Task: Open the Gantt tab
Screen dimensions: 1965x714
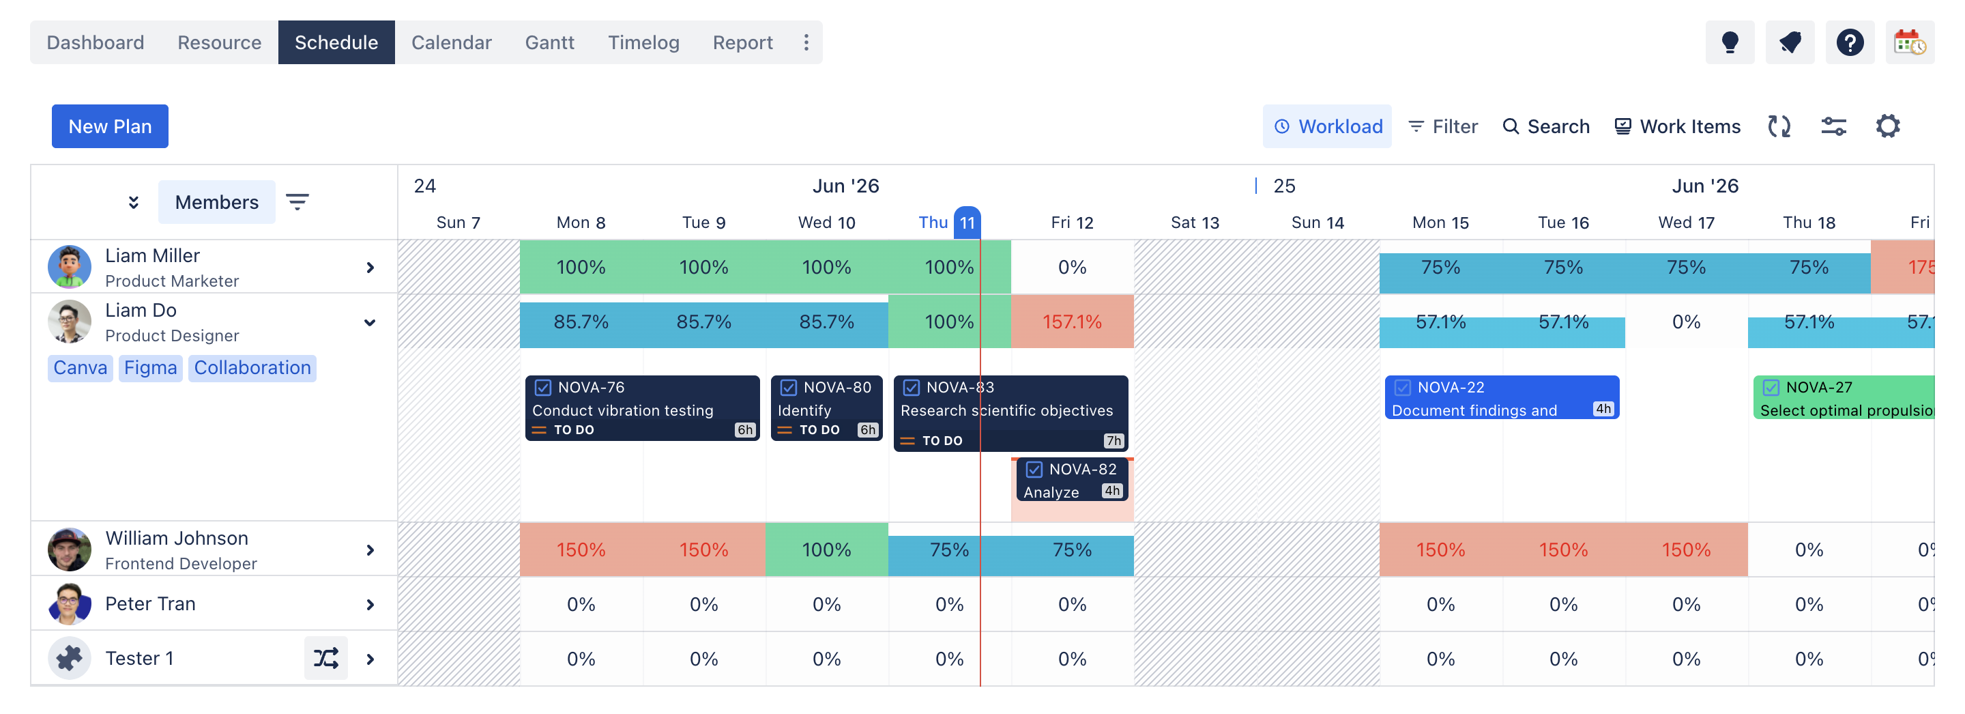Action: pyautogui.click(x=549, y=43)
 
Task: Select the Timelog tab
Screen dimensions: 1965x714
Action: pyautogui.click(x=643, y=43)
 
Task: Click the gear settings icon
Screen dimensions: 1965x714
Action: pyautogui.click(x=1887, y=126)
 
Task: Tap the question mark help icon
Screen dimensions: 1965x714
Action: pyautogui.click(x=1849, y=43)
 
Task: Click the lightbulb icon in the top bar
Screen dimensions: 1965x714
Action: pyautogui.click(x=1730, y=43)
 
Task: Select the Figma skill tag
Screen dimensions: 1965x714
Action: pyautogui.click(x=150, y=368)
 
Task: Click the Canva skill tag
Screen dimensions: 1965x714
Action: pyautogui.click(x=80, y=368)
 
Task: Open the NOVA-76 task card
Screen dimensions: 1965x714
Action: pyautogui.click(x=642, y=408)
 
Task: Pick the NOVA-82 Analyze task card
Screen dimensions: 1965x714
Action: pyautogui.click(x=1072, y=480)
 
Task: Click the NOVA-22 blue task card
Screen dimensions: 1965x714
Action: pyautogui.click(x=1501, y=397)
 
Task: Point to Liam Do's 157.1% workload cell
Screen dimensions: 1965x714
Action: pyautogui.click(x=1072, y=322)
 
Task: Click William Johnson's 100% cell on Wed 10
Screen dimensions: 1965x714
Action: pyautogui.click(x=826, y=549)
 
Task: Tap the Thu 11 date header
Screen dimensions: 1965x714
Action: pyautogui.click(x=950, y=223)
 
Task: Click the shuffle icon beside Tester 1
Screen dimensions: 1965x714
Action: pyautogui.click(x=325, y=657)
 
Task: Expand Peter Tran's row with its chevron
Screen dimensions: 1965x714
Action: pyautogui.click(x=370, y=604)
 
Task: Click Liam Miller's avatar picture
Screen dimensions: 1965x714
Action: pyautogui.click(x=70, y=267)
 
